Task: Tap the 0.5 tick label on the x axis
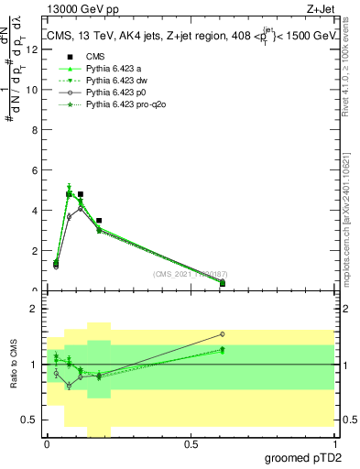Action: [191, 445]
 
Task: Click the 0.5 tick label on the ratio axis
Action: [31, 420]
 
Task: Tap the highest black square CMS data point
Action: [81, 194]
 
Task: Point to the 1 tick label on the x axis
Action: [334, 445]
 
